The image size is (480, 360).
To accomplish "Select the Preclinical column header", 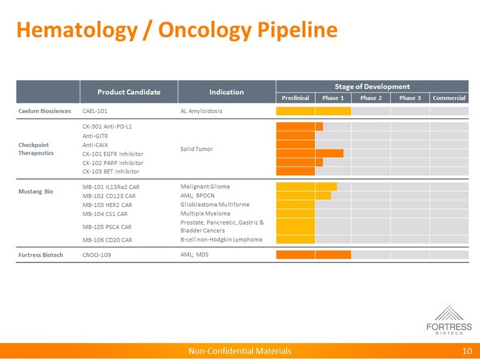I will pos(295,98).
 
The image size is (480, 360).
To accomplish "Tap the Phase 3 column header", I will pos(410,98).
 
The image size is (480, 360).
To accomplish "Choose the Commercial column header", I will pos(449,98).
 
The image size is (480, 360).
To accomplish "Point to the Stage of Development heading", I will pos(372,86).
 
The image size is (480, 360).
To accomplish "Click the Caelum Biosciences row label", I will pos(44,111).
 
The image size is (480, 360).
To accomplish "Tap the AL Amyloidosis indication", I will pos(201,111).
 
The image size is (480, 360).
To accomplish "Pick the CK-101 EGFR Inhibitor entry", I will pos(113,154).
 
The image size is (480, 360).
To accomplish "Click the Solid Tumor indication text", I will pos(196,149).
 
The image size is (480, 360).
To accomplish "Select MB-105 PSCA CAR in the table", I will pos(107,226).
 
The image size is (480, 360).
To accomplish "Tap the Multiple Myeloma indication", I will pos(205,214).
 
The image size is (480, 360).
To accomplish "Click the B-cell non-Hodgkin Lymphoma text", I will pos(221,239).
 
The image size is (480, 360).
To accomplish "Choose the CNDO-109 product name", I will pos(97,255).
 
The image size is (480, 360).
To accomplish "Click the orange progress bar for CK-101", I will pos(309,154).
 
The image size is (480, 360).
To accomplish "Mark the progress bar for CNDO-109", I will pos(313,255).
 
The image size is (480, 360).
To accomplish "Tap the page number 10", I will pos(467,351).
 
